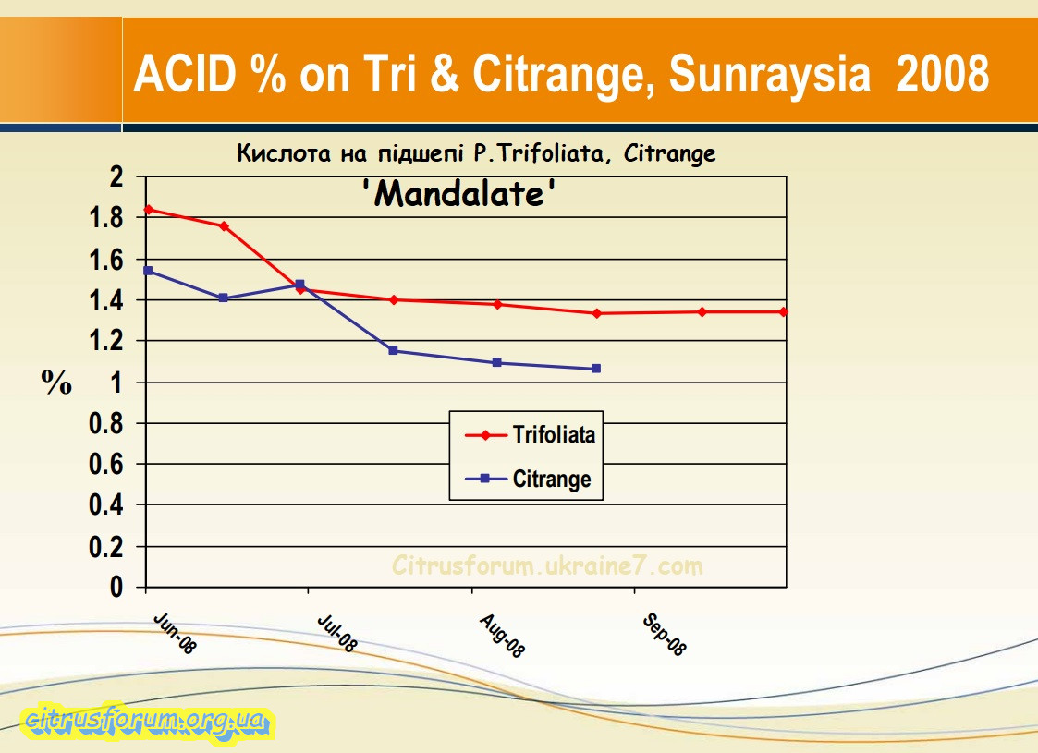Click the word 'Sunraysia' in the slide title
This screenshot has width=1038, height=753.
click(769, 74)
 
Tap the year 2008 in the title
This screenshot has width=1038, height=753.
click(942, 74)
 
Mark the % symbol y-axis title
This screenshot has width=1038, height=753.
click(56, 382)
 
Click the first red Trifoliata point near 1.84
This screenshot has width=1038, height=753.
click(148, 210)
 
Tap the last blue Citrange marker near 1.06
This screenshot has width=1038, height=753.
click(596, 369)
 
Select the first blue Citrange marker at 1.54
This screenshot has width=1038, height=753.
click(148, 271)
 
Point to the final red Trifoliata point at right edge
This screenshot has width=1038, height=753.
click(784, 312)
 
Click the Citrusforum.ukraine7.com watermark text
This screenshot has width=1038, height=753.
click(547, 565)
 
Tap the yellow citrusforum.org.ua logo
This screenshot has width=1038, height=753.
click(147, 720)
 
